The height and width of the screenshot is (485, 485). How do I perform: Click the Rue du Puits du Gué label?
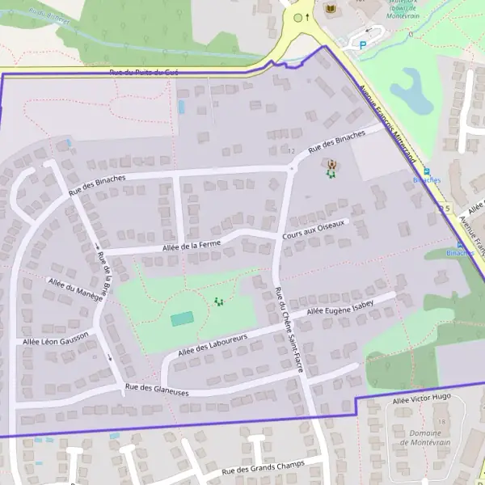pos(144,73)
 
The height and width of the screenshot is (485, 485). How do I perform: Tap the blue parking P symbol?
pos(362,47)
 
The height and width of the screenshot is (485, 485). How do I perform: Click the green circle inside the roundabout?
pos(297,17)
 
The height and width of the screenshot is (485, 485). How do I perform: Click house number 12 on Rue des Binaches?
pos(291,151)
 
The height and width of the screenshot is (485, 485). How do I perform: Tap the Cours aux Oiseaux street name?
pos(314,229)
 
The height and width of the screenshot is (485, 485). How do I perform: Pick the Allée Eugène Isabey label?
pos(340,309)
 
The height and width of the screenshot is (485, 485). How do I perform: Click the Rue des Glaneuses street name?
pos(157,390)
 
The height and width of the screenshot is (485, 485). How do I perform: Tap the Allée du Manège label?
pos(75,290)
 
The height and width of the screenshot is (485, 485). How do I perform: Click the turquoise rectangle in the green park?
pos(183,319)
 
